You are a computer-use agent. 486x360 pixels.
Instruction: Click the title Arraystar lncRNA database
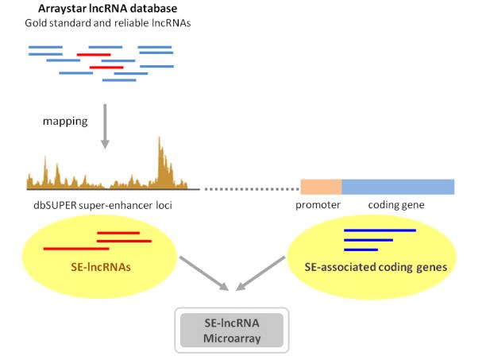[x=107, y=9]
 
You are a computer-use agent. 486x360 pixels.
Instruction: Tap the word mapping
[x=65, y=122]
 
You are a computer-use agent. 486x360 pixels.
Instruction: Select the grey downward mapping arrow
[x=105, y=126]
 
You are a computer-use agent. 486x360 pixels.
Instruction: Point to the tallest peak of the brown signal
[x=160, y=138]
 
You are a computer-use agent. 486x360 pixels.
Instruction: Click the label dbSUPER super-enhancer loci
[x=102, y=205]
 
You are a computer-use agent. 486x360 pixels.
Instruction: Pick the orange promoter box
[x=321, y=187]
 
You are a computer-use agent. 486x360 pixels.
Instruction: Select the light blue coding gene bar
[x=398, y=187]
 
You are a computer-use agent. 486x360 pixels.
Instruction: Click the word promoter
[x=318, y=205]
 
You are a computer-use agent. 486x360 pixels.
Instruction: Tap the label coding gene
[x=396, y=205]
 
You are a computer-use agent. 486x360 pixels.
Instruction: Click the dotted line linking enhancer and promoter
[x=252, y=189]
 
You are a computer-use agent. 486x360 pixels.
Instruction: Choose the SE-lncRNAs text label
[x=101, y=267]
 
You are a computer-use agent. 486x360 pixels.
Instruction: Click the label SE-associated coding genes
[x=376, y=267]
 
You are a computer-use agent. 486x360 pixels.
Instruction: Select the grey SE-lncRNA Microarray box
[x=232, y=331]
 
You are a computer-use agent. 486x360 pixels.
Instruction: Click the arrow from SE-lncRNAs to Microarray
[x=204, y=273]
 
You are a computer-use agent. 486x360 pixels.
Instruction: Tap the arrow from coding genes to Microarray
[x=260, y=273]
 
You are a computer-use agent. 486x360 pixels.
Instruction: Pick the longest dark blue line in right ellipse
[x=380, y=230]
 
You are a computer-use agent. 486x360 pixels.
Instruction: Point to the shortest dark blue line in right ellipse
[x=361, y=250]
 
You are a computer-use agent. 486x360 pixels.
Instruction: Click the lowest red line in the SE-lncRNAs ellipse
[x=76, y=249]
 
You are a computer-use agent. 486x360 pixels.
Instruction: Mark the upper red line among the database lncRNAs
[x=94, y=55]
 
